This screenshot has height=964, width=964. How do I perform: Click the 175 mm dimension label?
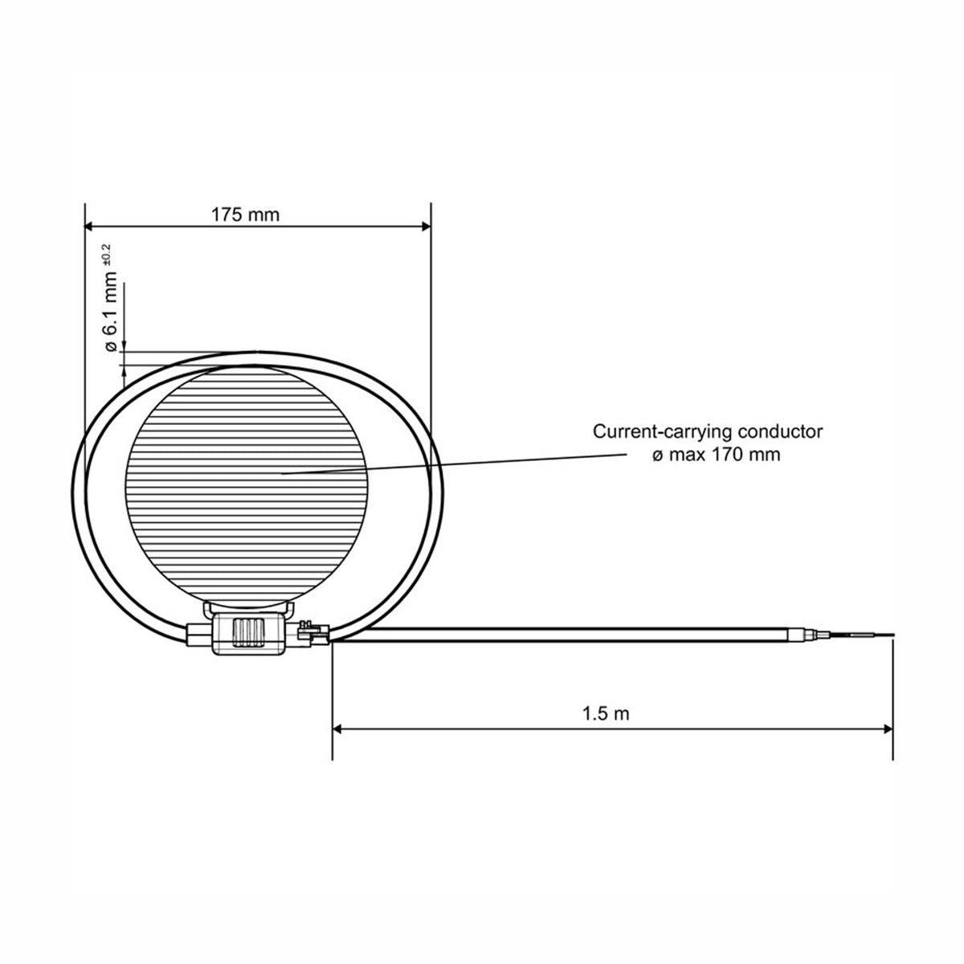245,215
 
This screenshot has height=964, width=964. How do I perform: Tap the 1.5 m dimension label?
606,713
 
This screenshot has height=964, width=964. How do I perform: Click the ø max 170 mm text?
717,455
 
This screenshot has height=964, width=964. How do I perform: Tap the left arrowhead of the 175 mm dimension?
89,227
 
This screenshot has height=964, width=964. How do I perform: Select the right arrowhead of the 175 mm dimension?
426,227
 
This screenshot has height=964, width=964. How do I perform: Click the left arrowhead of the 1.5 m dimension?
337,729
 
